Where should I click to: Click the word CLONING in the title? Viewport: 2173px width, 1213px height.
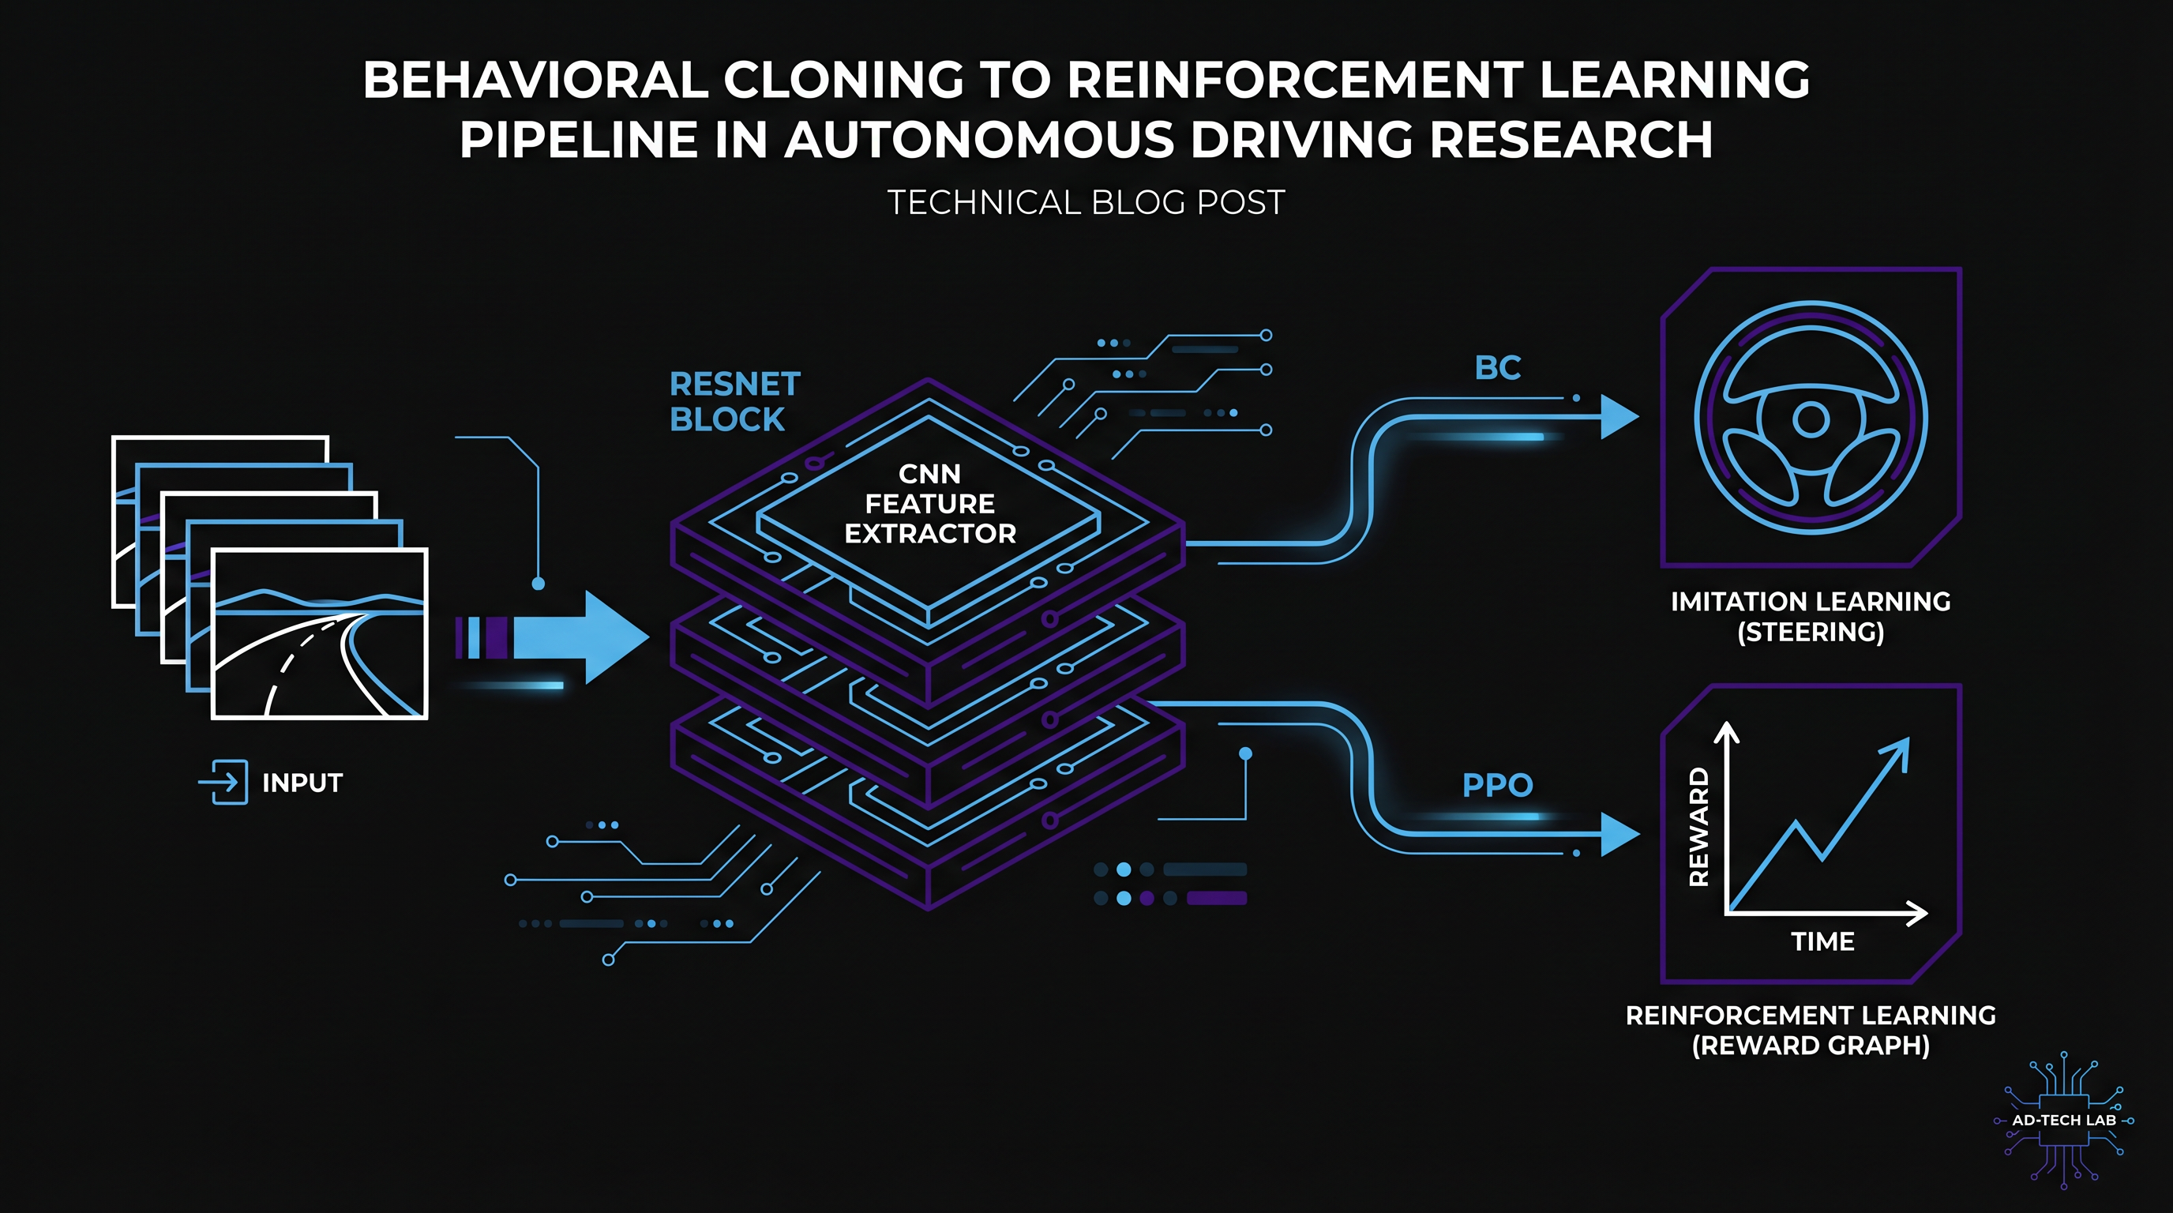click(843, 80)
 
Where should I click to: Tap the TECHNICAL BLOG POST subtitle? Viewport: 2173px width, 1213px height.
click(1086, 202)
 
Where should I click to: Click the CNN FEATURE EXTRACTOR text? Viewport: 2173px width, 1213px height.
click(929, 504)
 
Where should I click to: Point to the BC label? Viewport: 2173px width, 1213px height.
click(1497, 368)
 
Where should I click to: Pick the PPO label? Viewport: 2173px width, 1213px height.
click(1497, 785)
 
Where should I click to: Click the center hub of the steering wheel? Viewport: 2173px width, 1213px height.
click(1811, 419)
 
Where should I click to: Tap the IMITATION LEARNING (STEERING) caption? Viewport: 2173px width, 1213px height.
click(1811, 617)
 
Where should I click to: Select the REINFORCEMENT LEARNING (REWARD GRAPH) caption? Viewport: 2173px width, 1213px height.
click(1811, 1030)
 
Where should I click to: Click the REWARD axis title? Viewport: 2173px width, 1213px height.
click(1699, 827)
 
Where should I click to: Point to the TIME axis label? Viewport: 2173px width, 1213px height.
click(1823, 941)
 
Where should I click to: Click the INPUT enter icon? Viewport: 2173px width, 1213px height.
click(223, 782)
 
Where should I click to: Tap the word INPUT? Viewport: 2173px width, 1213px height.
click(302, 783)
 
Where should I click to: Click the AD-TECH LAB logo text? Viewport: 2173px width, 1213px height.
click(2064, 1121)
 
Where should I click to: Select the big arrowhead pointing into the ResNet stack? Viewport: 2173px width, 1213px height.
click(617, 637)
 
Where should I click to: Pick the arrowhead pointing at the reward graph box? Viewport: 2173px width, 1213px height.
click(1619, 835)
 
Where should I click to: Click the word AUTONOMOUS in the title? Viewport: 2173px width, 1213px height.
click(979, 140)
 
